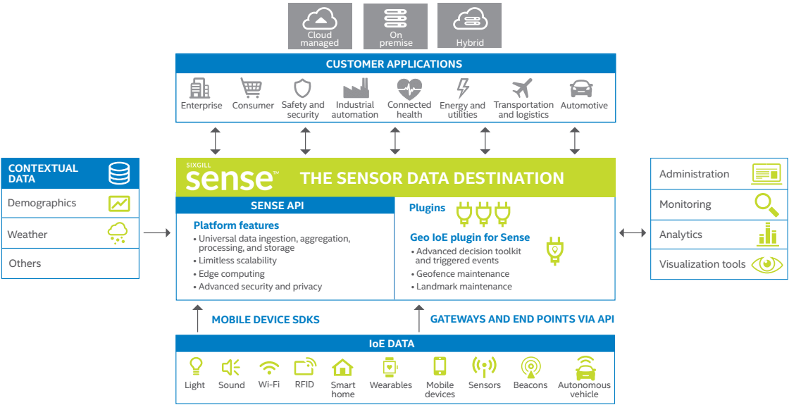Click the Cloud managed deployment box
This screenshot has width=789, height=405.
click(x=320, y=26)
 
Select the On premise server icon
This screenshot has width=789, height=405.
click(x=395, y=18)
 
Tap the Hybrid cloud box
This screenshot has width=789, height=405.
click(x=469, y=26)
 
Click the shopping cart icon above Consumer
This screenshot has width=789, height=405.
click(x=251, y=88)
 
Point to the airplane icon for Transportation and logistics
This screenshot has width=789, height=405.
click(x=522, y=89)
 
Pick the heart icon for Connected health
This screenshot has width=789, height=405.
click(x=409, y=89)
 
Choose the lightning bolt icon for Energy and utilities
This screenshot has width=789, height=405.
click(x=462, y=89)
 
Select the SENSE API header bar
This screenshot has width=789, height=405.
click(x=285, y=205)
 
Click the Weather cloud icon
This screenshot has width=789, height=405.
click(x=118, y=234)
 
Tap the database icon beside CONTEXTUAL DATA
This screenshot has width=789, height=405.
click(x=119, y=173)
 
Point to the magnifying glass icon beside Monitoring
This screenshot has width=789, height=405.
click(x=767, y=204)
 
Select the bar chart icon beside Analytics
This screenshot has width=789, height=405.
click(x=767, y=234)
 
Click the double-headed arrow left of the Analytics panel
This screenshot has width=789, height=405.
click(x=633, y=232)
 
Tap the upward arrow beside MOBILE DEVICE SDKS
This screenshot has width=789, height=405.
click(x=198, y=318)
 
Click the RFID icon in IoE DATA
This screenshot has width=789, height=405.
click(x=305, y=367)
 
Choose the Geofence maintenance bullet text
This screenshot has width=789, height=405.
click(x=463, y=274)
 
